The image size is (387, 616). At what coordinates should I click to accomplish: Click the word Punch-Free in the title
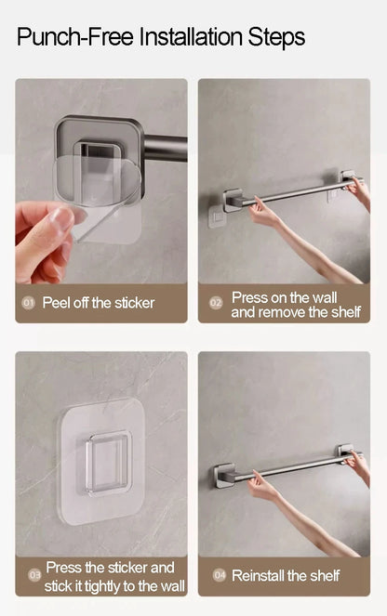coord(75,37)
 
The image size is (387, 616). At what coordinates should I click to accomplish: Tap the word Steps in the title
coord(276,38)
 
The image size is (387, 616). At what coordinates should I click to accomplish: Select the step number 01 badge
coord(28,303)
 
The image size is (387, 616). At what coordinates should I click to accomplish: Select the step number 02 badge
coord(216,303)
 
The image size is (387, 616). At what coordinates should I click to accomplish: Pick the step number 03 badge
coord(35,575)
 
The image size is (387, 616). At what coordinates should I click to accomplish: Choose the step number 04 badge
coord(220,575)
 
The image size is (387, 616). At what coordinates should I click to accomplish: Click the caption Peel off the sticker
coord(99,303)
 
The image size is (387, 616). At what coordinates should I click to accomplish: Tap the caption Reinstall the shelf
coord(286,575)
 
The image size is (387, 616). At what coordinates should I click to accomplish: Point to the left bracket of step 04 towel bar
coord(224,475)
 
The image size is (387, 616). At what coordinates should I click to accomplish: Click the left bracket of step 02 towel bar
coord(233,200)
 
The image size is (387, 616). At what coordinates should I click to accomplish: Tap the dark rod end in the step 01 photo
coord(166,149)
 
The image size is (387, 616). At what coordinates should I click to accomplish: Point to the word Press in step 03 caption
coord(63,568)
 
